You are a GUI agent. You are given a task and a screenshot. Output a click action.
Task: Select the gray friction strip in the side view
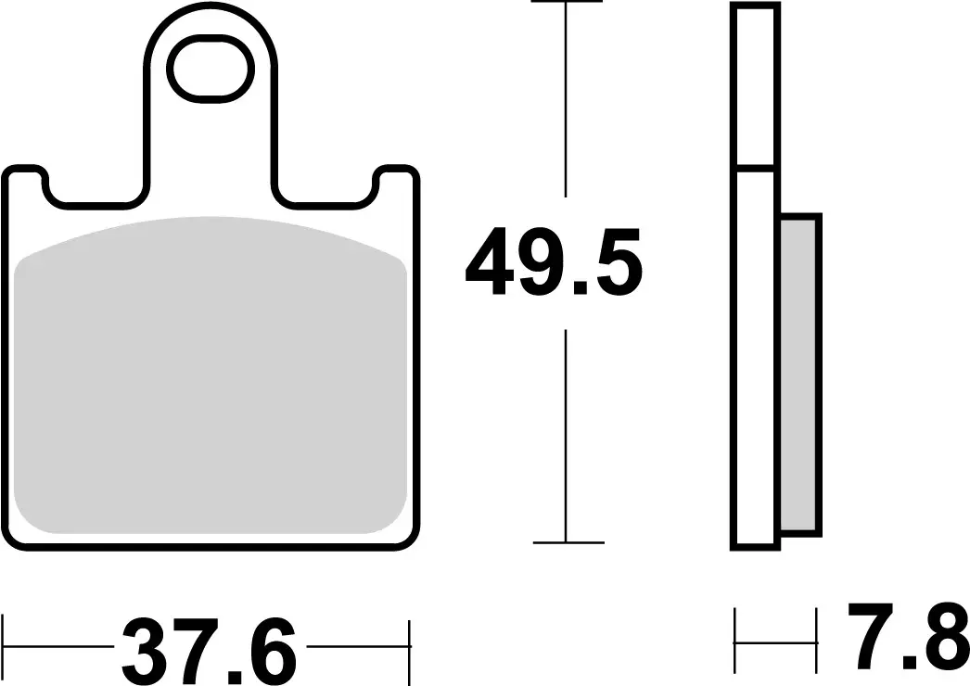799,375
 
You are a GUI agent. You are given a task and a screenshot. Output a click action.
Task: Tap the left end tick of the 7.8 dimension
735,640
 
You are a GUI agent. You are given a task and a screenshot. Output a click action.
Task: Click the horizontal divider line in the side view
754,169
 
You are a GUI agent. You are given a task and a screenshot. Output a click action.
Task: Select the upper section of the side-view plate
754,86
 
